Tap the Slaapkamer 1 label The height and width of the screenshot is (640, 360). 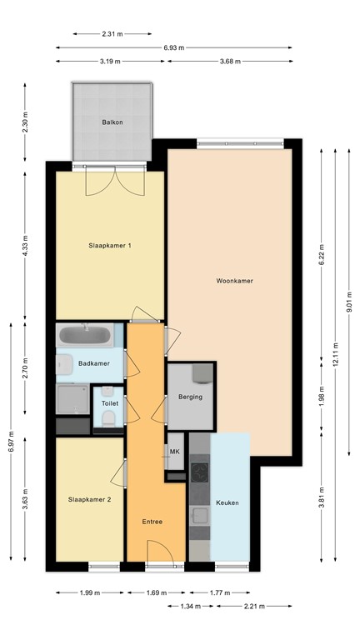111,246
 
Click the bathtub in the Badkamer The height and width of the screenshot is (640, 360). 84,337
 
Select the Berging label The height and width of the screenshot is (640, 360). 191,397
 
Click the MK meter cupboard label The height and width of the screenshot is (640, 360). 175,452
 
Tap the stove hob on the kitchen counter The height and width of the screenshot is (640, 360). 199,472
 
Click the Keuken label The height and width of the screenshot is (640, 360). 227,503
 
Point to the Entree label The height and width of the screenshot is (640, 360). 152,522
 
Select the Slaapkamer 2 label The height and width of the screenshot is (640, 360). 89,499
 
